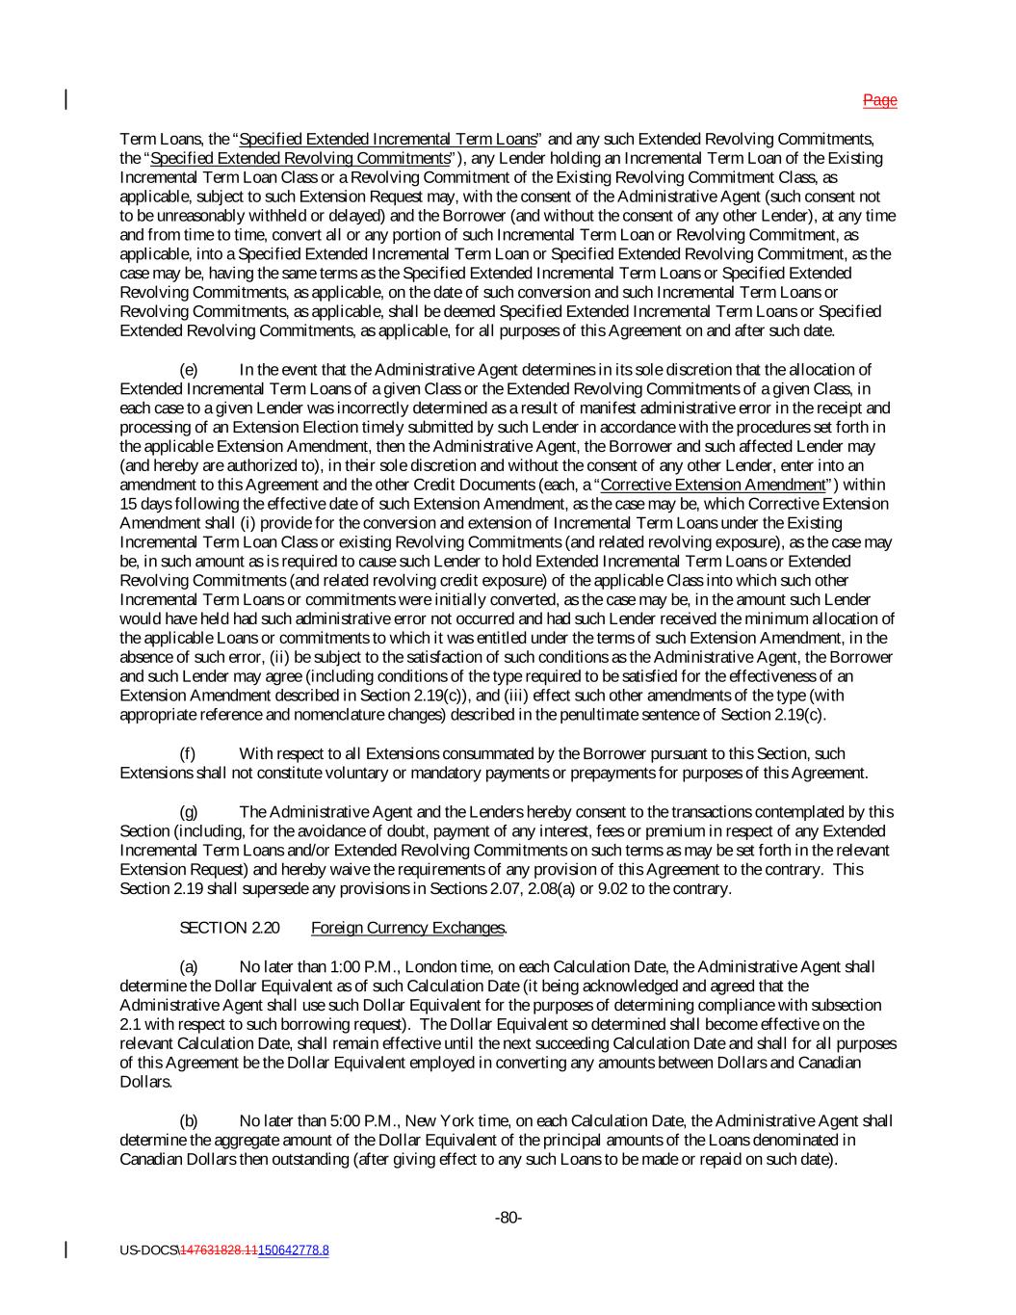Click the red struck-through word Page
coord(879,100)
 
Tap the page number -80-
coord(508,1218)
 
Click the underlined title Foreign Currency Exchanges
coord(408,928)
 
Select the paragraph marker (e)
coord(189,370)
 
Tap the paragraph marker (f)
coord(188,753)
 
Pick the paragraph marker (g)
coord(189,812)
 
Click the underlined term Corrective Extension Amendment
coord(713,485)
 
